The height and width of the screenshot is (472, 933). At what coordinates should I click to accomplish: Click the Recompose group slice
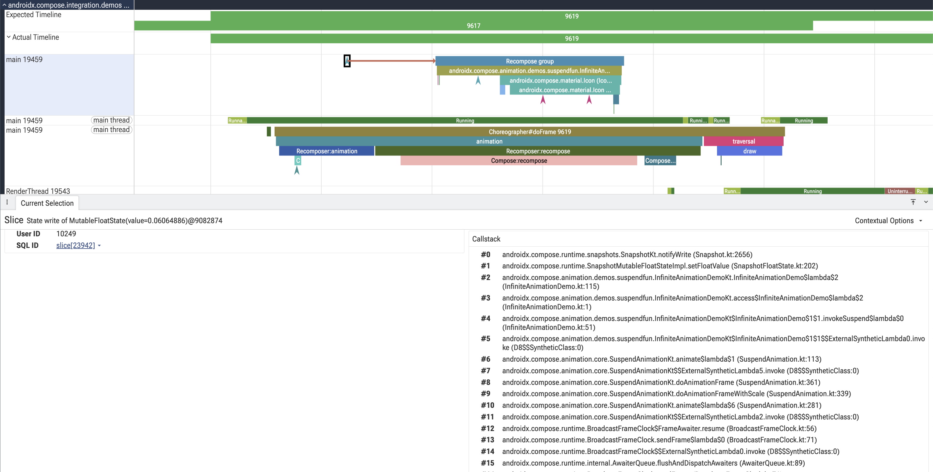pyautogui.click(x=529, y=61)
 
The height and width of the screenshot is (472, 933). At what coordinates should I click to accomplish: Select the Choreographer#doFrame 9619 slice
pyautogui.click(x=529, y=131)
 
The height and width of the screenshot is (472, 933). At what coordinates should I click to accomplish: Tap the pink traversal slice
pyautogui.click(x=744, y=141)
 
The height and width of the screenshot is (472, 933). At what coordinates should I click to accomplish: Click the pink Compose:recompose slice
pyautogui.click(x=519, y=160)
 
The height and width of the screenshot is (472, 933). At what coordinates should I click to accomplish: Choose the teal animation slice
pyautogui.click(x=489, y=141)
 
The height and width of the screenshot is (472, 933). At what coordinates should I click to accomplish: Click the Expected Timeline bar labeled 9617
pyautogui.click(x=474, y=26)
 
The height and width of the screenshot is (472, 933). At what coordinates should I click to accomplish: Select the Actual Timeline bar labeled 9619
pyautogui.click(x=572, y=39)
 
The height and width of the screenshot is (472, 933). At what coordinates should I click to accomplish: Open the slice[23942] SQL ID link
pyautogui.click(x=76, y=245)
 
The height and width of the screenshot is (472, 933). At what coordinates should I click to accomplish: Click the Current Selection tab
pyautogui.click(x=47, y=203)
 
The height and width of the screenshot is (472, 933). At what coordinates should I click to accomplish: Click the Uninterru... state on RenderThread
pyautogui.click(x=900, y=191)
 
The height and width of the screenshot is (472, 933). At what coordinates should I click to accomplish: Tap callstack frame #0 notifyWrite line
pyautogui.click(x=627, y=254)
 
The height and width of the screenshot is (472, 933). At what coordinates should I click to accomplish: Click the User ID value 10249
pyautogui.click(x=66, y=234)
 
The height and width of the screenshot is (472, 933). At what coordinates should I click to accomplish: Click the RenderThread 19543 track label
pyautogui.click(x=38, y=191)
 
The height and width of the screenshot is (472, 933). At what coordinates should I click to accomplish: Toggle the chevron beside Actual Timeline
pyautogui.click(x=9, y=37)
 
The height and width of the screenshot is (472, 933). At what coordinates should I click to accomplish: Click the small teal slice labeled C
pyautogui.click(x=298, y=160)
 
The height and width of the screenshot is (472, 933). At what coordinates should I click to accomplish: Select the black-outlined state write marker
pyautogui.click(x=347, y=61)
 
